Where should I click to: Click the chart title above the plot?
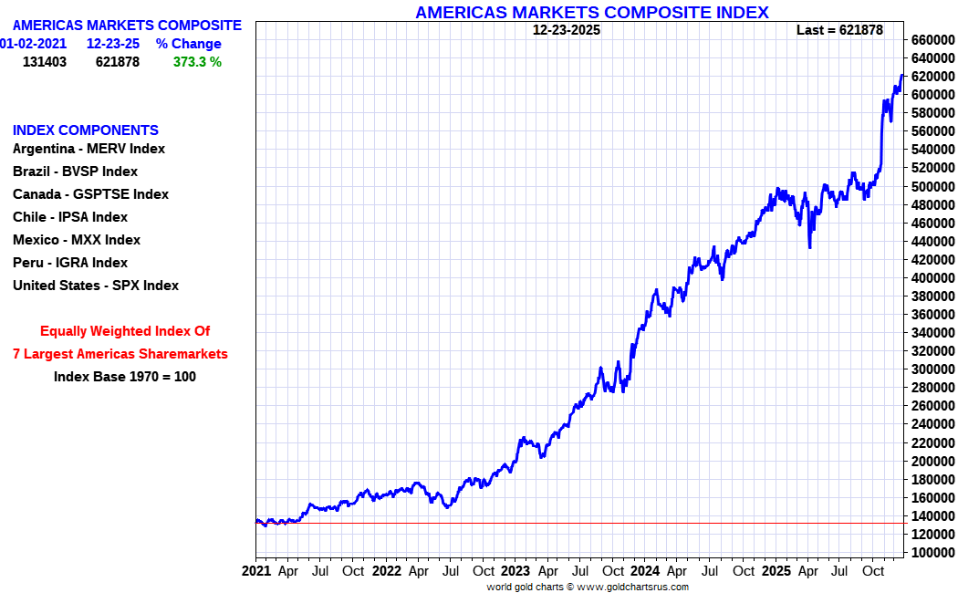(x=592, y=12)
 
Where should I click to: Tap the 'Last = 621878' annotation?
(x=839, y=30)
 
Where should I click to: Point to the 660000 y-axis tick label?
(x=932, y=40)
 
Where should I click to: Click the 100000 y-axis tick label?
(x=932, y=553)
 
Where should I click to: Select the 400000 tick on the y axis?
(x=932, y=278)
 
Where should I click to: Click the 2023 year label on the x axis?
(x=515, y=571)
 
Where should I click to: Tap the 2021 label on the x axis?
(x=256, y=571)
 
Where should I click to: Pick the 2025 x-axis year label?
(x=776, y=571)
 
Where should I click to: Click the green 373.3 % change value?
(x=197, y=62)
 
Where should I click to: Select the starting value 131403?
(x=45, y=62)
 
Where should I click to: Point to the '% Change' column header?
(x=188, y=44)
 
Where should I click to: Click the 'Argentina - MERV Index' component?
(x=89, y=149)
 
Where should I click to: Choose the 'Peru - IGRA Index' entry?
(x=70, y=263)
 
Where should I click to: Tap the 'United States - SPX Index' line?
(x=96, y=286)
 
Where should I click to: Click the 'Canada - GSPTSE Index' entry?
(x=90, y=194)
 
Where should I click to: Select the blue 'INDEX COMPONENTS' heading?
(x=86, y=130)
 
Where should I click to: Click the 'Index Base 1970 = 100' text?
(x=125, y=377)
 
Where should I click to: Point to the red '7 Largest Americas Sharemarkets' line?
(x=120, y=354)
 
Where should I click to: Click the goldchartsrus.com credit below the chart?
(x=588, y=587)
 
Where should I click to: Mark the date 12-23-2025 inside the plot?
(x=567, y=30)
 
